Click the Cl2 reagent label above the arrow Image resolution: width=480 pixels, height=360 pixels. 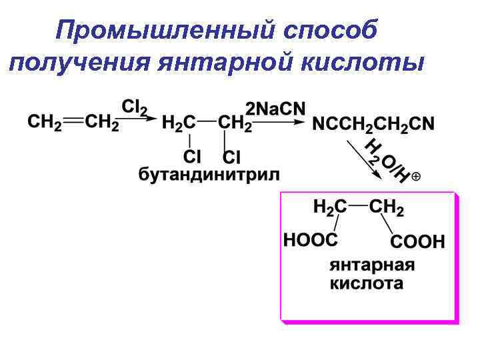tap(135, 107)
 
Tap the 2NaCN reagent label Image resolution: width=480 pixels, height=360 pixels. tap(275, 108)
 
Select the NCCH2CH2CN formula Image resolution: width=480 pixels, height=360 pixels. tap(373, 124)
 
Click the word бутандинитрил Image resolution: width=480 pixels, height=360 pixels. tap(209, 175)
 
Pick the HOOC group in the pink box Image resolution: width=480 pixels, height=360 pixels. tap(310, 239)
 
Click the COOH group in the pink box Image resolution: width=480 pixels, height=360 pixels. tap(417, 241)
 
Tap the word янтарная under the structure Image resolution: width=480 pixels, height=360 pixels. tap(372, 265)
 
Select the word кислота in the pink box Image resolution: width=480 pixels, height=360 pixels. tap(367, 283)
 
